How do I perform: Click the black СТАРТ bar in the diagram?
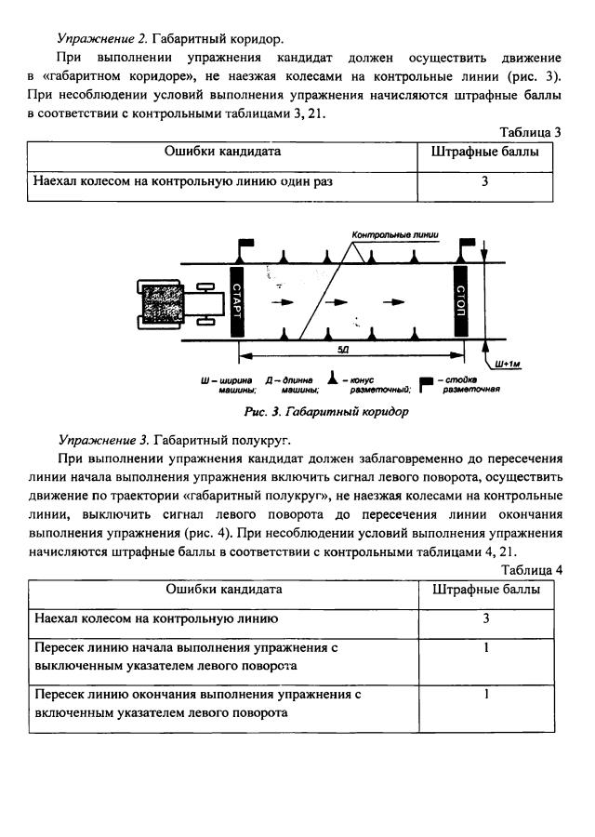click(x=236, y=302)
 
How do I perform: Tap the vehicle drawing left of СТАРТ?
click(x=177, y=303)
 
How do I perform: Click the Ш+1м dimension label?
click(x=508, y=364)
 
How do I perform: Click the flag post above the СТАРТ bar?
click(x=243, y=247)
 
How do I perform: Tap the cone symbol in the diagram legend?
click(x=331, y=380)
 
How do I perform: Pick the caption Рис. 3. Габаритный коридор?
click(x=326, y=410)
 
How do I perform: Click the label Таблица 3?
click(x=530, y=132)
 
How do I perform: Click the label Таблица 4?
click(x=531, y=570)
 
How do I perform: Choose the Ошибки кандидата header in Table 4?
click(x=223, y=590)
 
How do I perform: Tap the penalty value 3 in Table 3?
click(x=484, y=182)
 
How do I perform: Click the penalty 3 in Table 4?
click(x=485, y=618)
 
